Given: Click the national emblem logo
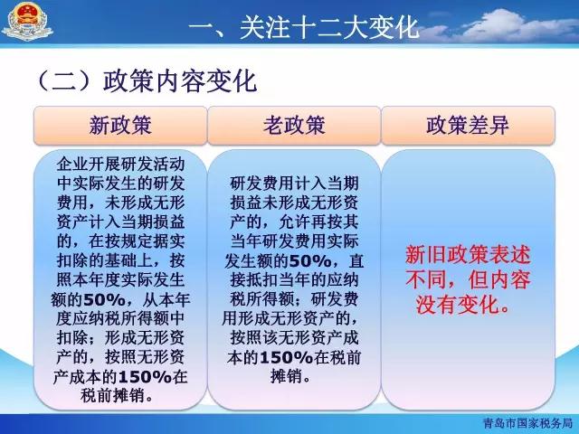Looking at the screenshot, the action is pyautogui.click(x=27, y=22).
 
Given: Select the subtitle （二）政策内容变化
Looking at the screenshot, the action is pyautogui.click(x=147, y=80).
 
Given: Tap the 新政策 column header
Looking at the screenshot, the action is pyautogui.click(x=120, y=125).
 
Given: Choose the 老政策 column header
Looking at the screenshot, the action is pyautogui.click(x=294, y=125).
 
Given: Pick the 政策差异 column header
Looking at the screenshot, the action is pyautogui.click(x=468, y=125).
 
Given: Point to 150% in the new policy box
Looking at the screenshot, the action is pyautogui.click(x=145, y=377).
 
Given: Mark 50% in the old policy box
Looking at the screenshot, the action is pyautogui.click(x=310, y=261).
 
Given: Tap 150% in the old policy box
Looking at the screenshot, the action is pyautogui.click(x=287, y=358).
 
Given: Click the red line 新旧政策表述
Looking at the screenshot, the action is pyautogui.click(x=468, y=255).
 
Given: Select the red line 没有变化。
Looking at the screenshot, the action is pyautogui.click(x=464, y=305).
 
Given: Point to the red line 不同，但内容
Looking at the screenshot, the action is pyautogui.click(x=468, y=279).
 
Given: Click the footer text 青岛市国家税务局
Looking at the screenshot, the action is pyautogui.click(x=527, y=423).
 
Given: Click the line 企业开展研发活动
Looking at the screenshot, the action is pyautogui.click(x=120, y=165).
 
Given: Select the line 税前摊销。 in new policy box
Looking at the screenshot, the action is pyautogui.click(x=118, y=396).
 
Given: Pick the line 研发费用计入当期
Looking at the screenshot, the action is pyautogui.click(x=294, y=184).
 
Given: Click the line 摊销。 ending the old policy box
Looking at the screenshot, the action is pyautogui.click(x=290, y=377).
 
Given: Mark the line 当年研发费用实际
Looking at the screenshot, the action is pyautogui.click(x=294, y=241).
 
